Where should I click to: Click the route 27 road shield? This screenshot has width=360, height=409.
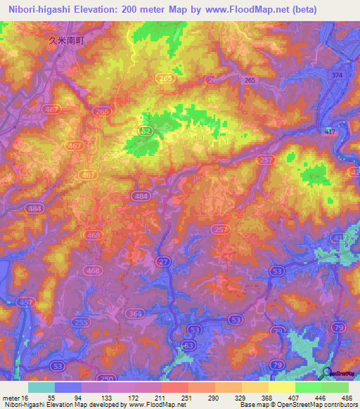(163, 261)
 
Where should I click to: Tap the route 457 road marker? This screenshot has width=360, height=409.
(26, 301)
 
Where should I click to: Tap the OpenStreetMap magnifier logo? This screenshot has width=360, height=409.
(328, 373)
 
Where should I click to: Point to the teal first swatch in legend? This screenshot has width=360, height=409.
(41, 387)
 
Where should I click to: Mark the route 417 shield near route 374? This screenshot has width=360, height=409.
(331, 131)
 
